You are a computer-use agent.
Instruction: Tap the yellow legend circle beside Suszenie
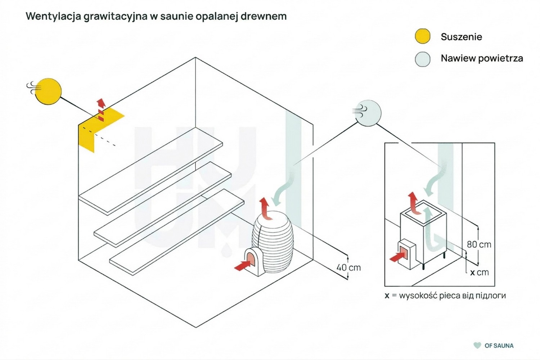click(423, 36)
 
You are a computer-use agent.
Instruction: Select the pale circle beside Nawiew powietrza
click(423, 59)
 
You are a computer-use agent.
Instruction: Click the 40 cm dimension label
click(348, 267)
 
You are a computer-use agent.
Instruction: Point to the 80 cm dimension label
click(479, 244)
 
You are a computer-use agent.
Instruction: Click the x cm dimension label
click(480, 273)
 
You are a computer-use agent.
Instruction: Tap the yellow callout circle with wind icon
click(48, 91)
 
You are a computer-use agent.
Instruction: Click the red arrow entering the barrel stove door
click(242, 265)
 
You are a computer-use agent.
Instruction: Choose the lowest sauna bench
click(177, 232)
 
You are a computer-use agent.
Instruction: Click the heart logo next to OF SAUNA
click(477, 346)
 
